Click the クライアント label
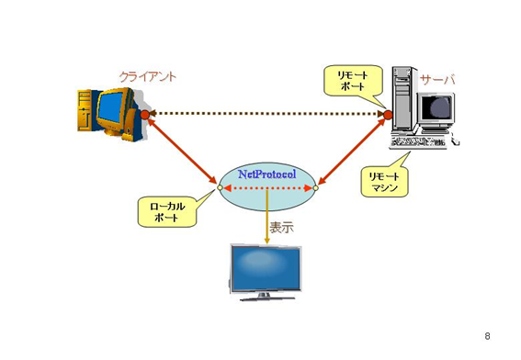(148, 77)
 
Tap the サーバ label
(437, 79)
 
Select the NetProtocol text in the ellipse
(266, 174)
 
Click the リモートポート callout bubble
(353, 81)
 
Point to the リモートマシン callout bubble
(384, 182)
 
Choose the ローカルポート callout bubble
(167, 212)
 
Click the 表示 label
(281, 228)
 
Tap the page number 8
(487, 336)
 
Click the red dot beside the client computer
(145, 115)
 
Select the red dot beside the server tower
(388, 115)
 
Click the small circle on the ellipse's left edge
(220, 188)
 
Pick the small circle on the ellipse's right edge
(316, 188)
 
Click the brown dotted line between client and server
(266, 114)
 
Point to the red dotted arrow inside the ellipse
(267, 188)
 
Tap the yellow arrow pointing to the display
(266, 217)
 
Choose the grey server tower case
(403, 98)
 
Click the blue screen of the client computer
(111, 107)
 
